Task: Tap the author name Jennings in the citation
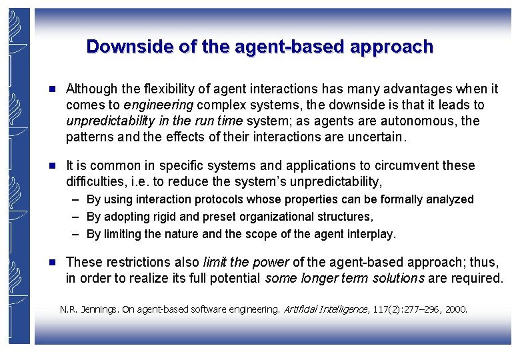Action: coord(102,309)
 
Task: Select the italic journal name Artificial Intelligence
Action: coord(325,309)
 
